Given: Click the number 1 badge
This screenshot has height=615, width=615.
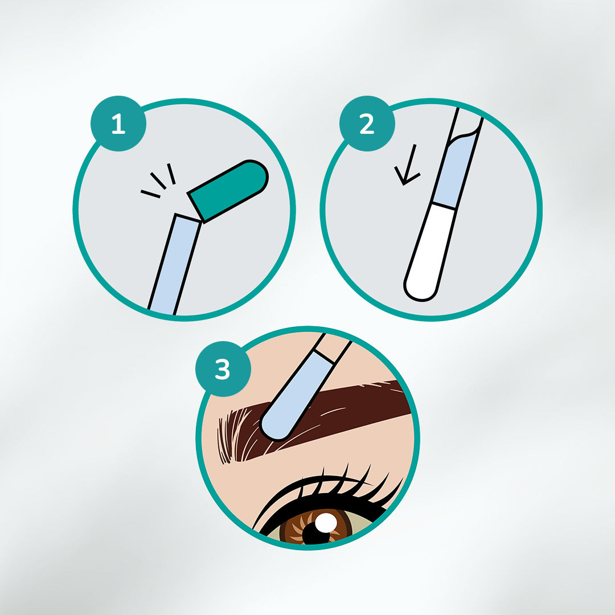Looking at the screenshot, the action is click(118, 124).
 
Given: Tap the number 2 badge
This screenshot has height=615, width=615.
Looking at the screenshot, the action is click(367, 124).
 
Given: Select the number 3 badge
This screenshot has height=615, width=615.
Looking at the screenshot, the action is click(223, 368).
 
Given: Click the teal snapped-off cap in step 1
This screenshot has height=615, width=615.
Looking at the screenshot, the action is click(228, 191).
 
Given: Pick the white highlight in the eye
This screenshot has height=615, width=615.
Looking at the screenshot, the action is click(326, 523).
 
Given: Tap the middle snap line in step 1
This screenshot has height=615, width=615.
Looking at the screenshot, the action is click(158, 181).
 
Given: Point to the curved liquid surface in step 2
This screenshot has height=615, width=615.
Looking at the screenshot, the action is click(465, 133).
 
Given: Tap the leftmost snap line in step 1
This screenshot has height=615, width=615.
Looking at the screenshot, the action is click(150, 194).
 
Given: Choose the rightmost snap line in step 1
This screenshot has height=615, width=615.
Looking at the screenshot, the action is click(171, 174).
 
